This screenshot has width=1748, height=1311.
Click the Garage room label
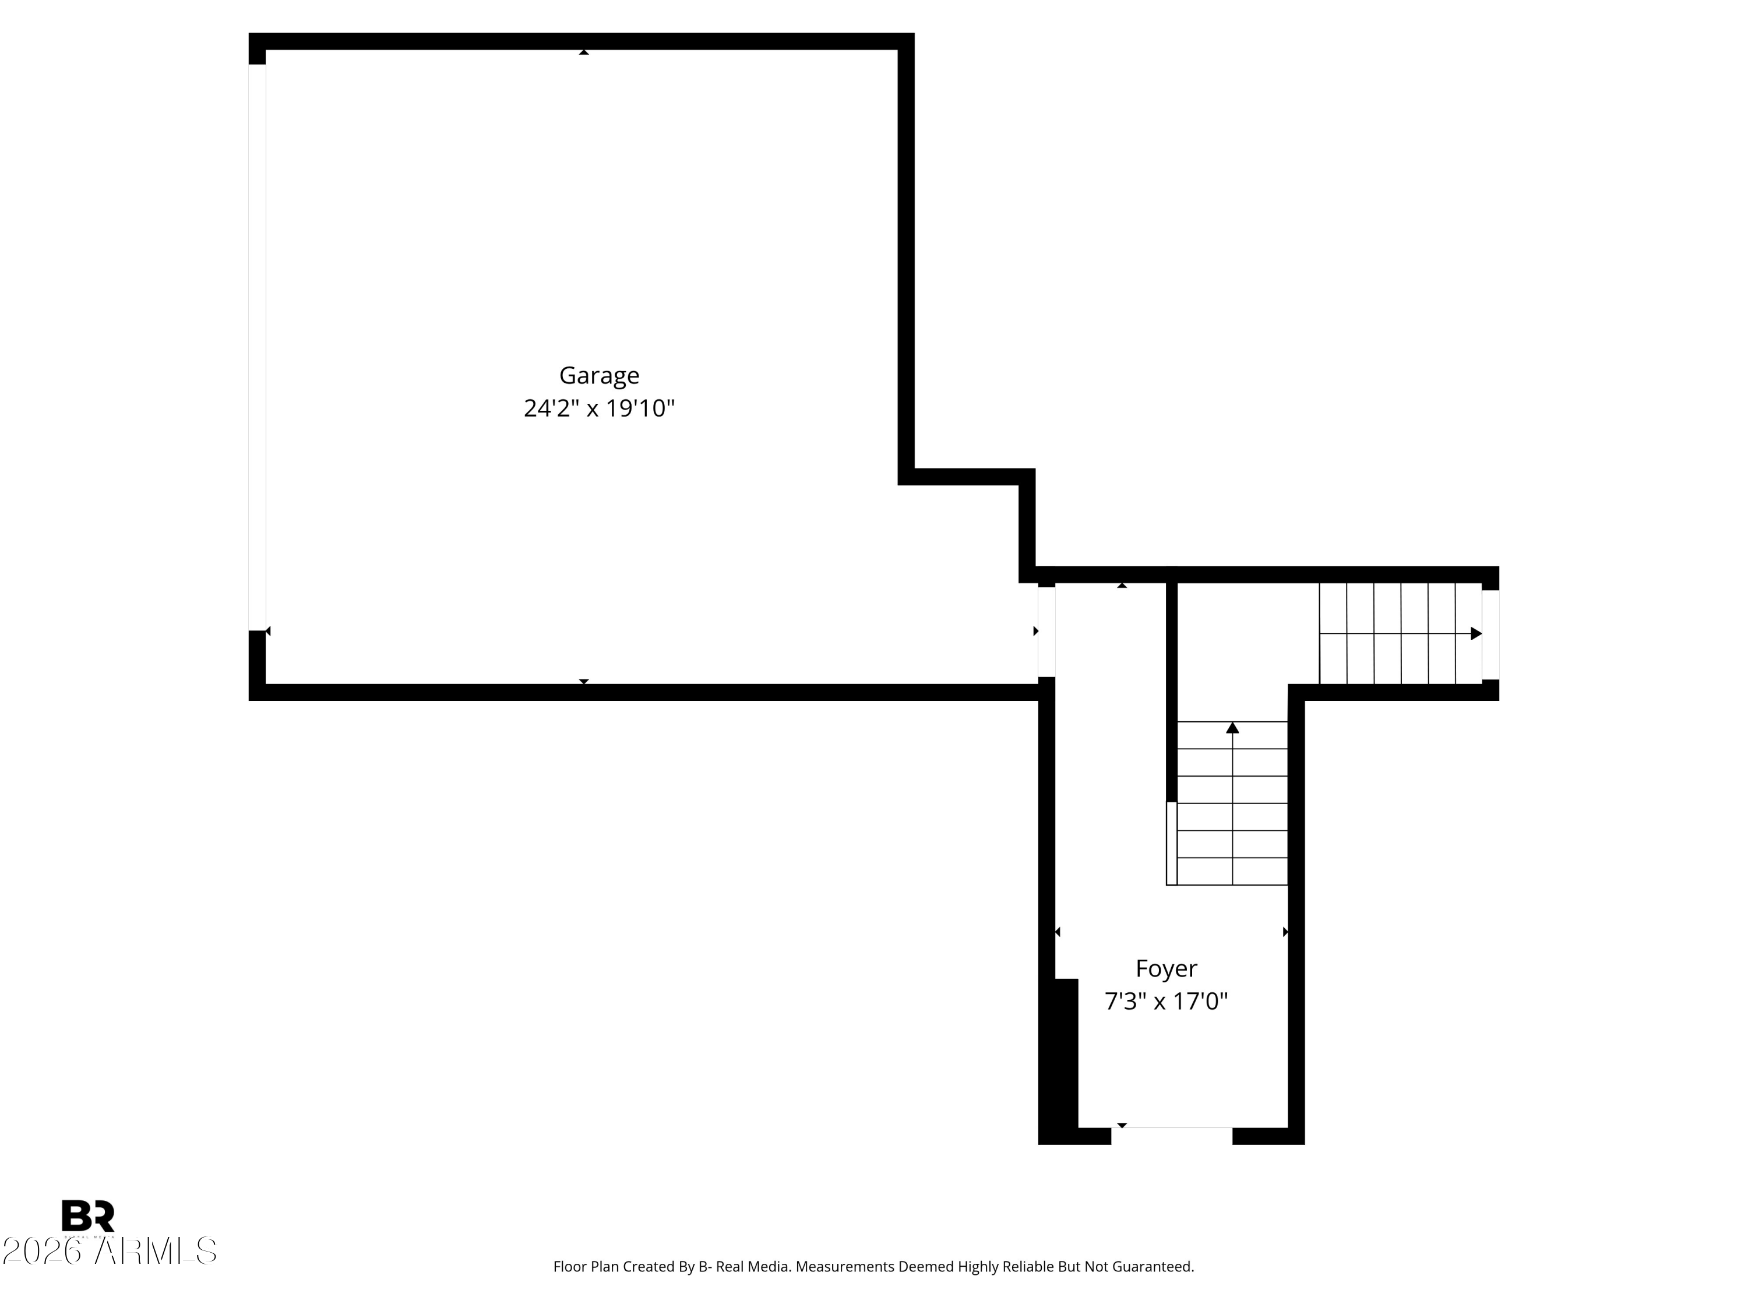599,375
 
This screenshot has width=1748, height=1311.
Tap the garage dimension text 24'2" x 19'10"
599,408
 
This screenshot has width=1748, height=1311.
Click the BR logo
88,1215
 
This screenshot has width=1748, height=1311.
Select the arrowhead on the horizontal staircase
1475,634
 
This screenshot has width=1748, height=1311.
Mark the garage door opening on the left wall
257,348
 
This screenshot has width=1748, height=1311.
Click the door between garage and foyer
1046,632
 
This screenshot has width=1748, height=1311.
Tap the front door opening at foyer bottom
1172,1136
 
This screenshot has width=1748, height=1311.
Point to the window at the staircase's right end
1490,635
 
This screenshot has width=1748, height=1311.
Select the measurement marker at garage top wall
584,52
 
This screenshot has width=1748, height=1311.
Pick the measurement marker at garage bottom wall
584,681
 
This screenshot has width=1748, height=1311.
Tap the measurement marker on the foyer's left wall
1058,932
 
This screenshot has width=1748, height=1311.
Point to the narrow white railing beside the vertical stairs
1171,843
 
